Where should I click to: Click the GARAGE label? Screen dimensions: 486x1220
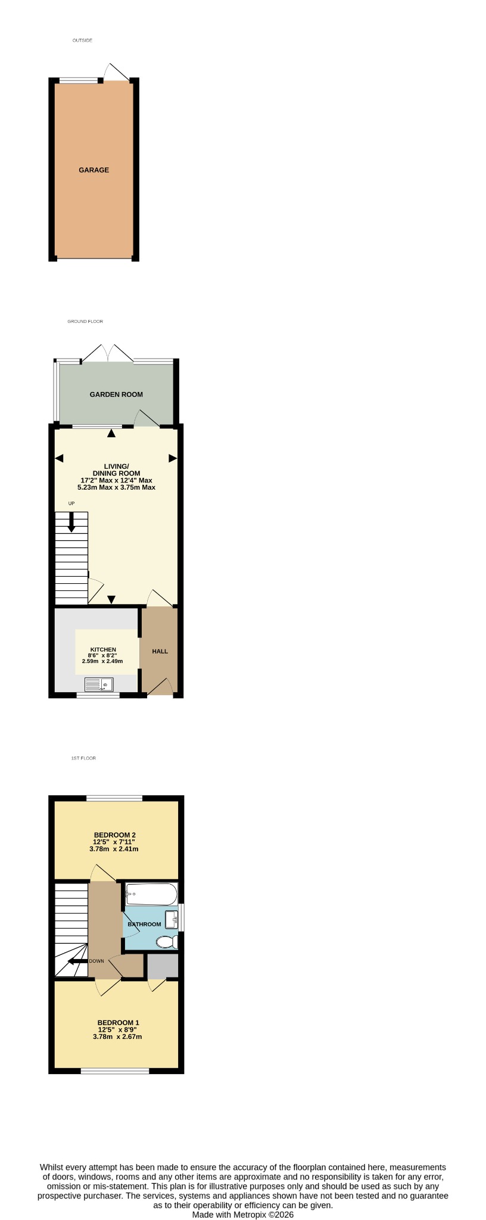tap(94, 170)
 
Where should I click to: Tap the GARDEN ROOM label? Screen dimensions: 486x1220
tap(116, 394)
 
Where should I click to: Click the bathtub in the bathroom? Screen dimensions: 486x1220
tap(151, 894)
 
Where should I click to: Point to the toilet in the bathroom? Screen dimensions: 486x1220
tap(167, 942)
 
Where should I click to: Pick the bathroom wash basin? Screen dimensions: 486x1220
tap(172, 920)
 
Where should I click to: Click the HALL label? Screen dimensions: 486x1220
tap(160, 652)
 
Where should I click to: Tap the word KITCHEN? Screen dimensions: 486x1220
tap(103, 649)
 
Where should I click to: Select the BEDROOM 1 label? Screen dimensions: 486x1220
tap(118, 1023)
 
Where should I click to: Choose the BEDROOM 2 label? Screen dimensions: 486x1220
tap(115, 835)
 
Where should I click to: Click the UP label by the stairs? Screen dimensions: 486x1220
tap(71, 503)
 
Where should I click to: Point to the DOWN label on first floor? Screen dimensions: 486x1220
tap(96, 961)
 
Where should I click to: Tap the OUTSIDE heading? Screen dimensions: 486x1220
tap(82, 41)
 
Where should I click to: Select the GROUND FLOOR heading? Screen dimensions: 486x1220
tap(85, 322)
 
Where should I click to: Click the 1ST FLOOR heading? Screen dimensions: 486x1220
tap(83, 758)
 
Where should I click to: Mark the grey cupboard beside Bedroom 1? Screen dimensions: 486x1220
tap(163, 966)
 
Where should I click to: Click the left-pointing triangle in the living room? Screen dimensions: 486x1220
tap(59, 458)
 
